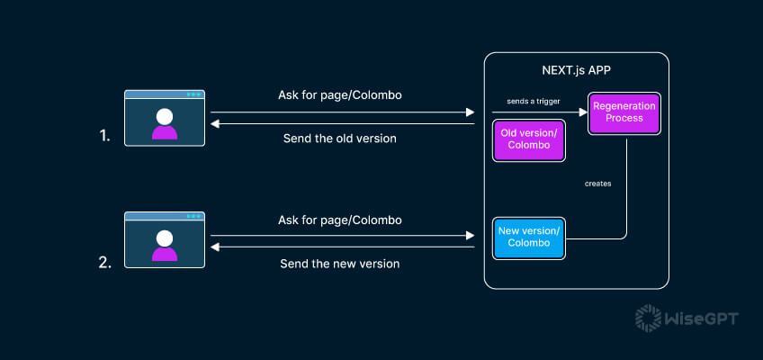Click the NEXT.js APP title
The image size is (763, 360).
576,70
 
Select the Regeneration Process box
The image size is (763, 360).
622,112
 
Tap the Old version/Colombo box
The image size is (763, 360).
528,140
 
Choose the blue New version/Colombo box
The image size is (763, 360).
528,238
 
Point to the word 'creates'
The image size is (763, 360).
597,184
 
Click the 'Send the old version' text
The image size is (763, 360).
339,138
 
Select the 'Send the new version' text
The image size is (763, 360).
339,264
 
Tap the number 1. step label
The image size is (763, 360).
105,138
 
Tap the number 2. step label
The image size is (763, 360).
105,263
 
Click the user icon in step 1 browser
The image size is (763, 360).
164,122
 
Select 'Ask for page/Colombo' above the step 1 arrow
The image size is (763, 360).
339,95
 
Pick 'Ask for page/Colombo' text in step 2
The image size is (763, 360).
339,220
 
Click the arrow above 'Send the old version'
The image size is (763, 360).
342,124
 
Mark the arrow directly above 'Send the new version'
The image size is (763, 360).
342,247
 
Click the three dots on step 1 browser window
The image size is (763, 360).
193,94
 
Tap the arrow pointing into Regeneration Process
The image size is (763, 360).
540,112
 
